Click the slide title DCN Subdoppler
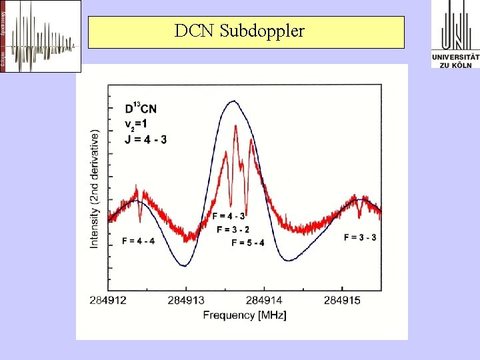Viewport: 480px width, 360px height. coord(239,31)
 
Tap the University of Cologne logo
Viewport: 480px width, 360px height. coord(455,35)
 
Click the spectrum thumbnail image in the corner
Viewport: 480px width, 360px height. coord(41,36)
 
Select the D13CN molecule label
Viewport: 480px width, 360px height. coord(141,109)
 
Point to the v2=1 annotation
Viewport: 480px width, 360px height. coord(139,124)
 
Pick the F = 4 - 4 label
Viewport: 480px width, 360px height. coord(139,240)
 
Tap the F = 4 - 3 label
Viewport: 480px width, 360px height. coord(228,216)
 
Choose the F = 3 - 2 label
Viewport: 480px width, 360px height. coord(233,229)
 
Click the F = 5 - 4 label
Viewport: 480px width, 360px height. coord(248,243)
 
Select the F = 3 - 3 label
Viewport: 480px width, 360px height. coord(360,237)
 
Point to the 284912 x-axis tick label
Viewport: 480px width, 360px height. coord(108,301)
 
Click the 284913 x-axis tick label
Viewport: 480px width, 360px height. coord(186,301)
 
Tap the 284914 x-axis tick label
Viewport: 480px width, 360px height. coord(265,301)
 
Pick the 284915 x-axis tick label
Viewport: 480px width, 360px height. coord(343,301)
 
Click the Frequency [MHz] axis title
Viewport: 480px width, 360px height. coord(245,315)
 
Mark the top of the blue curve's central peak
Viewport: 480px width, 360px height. coord(233,101)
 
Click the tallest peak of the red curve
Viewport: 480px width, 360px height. coord(236,127)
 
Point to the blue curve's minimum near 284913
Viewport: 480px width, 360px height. coord(185,265)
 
